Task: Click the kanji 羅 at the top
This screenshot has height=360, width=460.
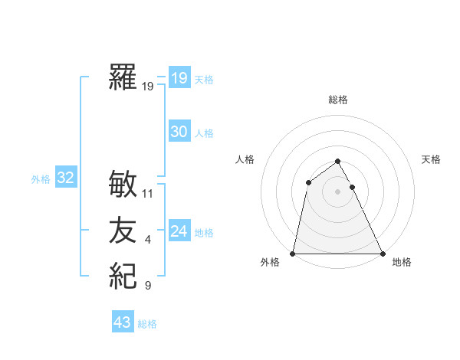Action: coord(123,78)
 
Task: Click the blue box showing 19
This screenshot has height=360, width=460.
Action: coord(179,77)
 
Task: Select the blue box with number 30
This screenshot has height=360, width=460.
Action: coord(179,132)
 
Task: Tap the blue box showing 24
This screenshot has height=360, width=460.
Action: coord(179,231)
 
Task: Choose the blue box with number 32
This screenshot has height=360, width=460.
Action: coord(65,178)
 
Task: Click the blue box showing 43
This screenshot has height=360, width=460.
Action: coord(122,322)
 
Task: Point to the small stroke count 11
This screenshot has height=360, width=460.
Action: coord(148,194)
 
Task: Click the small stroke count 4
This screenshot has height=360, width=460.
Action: coord(148,241)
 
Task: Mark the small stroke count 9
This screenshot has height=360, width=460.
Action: coord(148,286)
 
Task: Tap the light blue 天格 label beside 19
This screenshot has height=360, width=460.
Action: coord(204,79)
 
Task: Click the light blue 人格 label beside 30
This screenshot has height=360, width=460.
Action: coord(204,133)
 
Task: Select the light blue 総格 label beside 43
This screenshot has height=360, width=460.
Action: coord(147,324)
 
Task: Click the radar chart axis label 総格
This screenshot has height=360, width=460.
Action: coord(337,100)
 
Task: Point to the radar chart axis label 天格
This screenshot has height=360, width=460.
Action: coord(431,159)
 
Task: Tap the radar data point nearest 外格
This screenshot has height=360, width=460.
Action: coord(293,253)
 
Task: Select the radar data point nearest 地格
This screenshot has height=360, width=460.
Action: coord(382,253)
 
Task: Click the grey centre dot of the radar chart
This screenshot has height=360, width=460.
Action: coord(337,191)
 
